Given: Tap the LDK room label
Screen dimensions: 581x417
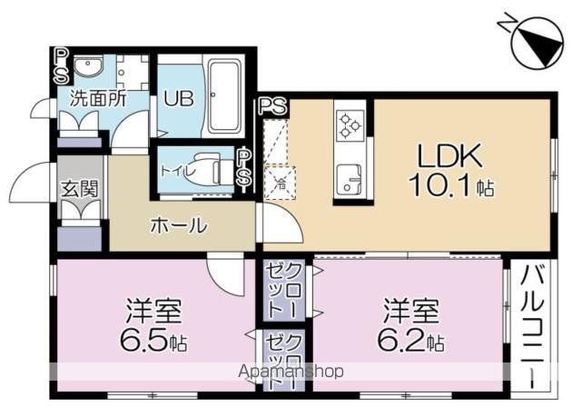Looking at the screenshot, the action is pyautogui.click(x=450, y=155).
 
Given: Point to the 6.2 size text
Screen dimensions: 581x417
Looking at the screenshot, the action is pyautogui.click(x=402, y=340).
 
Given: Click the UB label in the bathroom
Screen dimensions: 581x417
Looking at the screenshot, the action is pyautogui.click(x=179, y=99).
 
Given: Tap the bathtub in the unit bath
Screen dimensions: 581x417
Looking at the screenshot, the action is pyautogui.click(x=225, y=96).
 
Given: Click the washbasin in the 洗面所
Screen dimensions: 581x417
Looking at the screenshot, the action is pyautogui.click(x=88, y=67).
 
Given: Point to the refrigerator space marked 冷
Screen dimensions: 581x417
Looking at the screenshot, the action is pyautogui.click(x=280, y=184).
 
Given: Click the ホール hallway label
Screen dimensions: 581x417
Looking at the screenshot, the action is pyautogui.click(x=179, y=225).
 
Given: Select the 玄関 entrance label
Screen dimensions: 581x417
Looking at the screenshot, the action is pyautogui.click(x=80, y=188).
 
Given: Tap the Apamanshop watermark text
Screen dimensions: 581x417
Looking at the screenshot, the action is pyautogui.click(x=291, y=371).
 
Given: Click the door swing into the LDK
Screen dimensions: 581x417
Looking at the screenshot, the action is pyautogui.click(x=282, y=223).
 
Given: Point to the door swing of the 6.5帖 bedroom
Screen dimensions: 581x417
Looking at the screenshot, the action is pyautogui.click(x=225, y=275).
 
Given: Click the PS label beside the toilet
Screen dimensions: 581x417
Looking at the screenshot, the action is pyautogui.click(x=244, y=167).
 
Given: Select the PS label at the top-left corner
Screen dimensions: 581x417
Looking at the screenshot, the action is pyautogui.click(x=61, y=66).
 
